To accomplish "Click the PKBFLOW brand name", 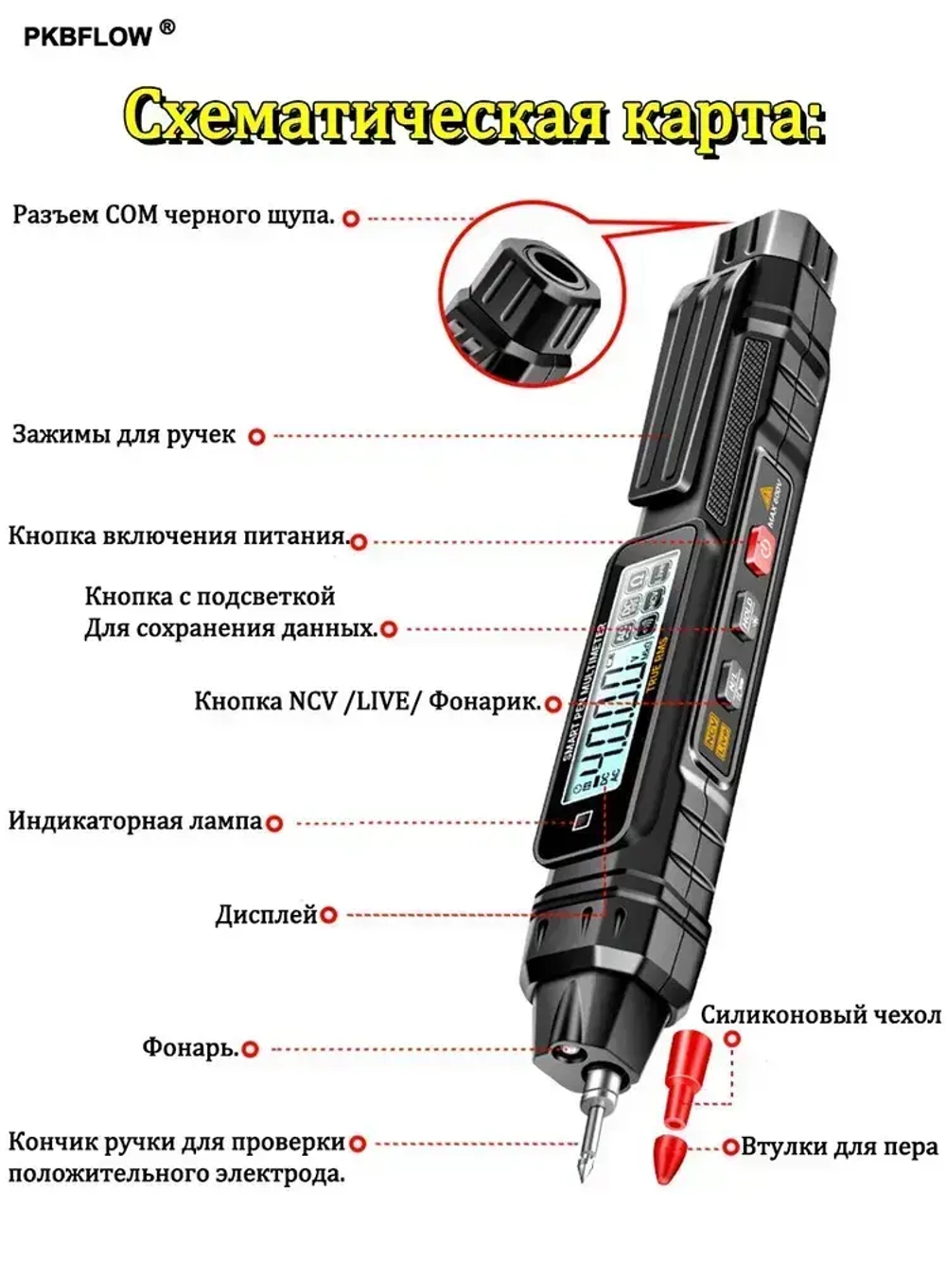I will coord(87,36).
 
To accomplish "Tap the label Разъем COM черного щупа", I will coord(173,216).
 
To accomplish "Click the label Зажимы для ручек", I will coord(123,435).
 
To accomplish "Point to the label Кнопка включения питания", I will coord(177,535).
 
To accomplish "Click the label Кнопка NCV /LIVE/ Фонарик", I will coord(367,702).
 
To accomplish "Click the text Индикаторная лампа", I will coord(134,820).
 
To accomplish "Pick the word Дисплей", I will coord(266,915).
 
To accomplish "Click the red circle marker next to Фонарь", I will coord(250,1049).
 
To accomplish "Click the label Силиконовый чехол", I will coord(819,1015).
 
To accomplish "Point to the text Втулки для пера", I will coord(839,1147).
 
